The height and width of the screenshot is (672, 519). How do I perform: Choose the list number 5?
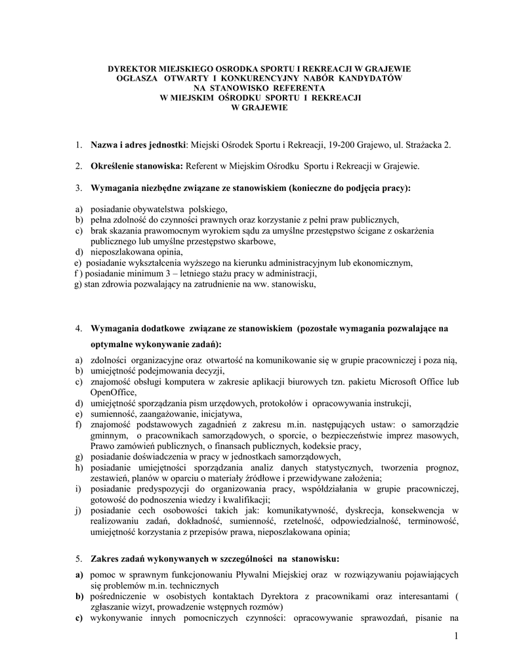77,559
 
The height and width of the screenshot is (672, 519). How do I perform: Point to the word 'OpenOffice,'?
113,392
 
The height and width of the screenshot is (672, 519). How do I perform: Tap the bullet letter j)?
77,510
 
